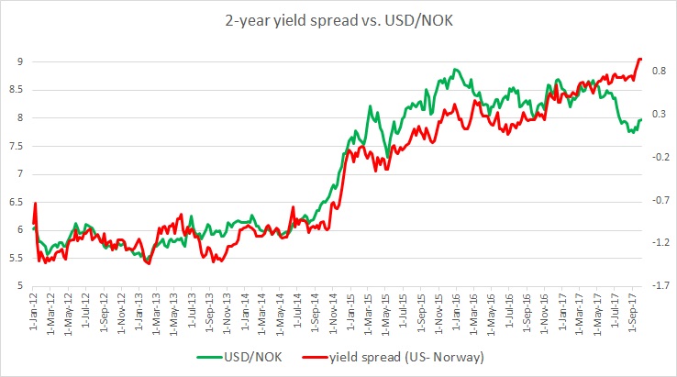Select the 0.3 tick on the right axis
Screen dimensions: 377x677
(658, 114)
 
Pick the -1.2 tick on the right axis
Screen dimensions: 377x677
(656, 242)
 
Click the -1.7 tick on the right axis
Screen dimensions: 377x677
(656, 285)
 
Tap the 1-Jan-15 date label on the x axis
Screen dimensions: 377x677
(347, 312)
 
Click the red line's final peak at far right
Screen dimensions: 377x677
(640, 59)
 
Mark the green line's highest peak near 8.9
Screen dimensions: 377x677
(456, 69)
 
